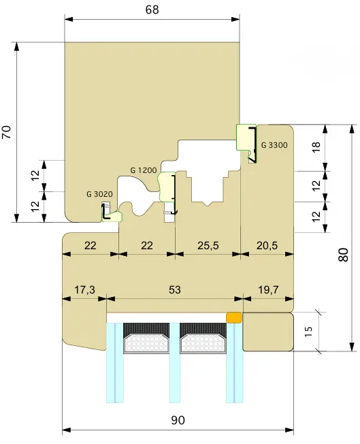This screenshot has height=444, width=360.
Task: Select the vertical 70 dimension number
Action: (x=7, y=132)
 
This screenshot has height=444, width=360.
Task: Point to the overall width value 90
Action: (x=178, y=420)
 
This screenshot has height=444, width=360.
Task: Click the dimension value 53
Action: (x=175, y=289)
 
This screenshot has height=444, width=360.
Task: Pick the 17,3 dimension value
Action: (x=84, y=289)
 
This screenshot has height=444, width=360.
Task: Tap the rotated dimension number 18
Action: (x=316, y=146)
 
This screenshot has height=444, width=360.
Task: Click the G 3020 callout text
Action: (x=99, y=194)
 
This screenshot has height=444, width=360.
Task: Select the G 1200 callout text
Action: (x=143, y=170)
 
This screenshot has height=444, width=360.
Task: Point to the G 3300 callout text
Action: (x=275, y=145)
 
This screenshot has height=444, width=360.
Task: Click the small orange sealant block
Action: (x=233, y=318)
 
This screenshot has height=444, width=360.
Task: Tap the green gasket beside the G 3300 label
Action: (x=243, y=138)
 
